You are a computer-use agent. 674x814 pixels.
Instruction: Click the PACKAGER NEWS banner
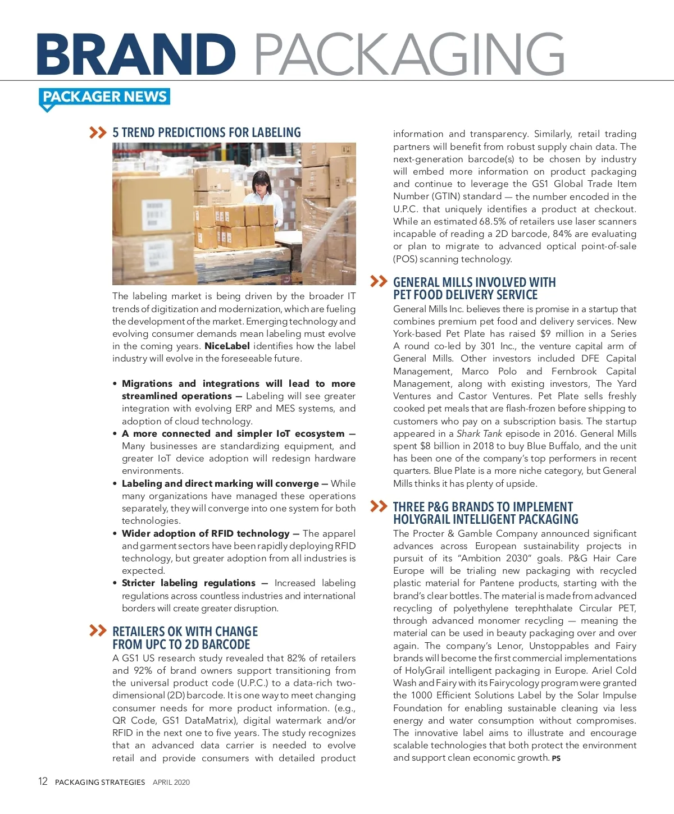pos(104,97)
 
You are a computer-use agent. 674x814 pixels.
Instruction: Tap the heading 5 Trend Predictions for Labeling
pos(207,132)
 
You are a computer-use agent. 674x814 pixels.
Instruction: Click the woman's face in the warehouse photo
pos(260,182)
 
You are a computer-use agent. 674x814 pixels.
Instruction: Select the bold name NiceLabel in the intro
pos(227,346)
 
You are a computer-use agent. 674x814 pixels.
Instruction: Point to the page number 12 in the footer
pos(43,781)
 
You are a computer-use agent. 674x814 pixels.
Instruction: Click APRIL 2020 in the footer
pos(171,782)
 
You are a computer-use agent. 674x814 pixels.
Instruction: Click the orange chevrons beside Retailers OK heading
pos(98,630)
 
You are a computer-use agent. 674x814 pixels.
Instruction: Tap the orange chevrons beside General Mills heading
pos(379,281)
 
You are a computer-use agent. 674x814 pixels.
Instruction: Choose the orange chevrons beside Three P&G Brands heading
pos(379,506)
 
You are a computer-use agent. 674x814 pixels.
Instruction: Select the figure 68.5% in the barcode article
pos(493,221)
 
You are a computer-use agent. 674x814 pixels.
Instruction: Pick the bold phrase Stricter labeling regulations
pos(188,583)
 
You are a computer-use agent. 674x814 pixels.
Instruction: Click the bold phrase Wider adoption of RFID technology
pos(206,533)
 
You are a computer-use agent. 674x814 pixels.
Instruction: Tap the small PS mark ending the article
pos(556,758)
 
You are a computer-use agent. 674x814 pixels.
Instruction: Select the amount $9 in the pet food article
pos(545,333)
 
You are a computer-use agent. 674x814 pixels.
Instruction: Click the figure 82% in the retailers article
pos(296,658)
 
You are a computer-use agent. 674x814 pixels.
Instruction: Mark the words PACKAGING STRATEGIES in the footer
pos(100,782)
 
